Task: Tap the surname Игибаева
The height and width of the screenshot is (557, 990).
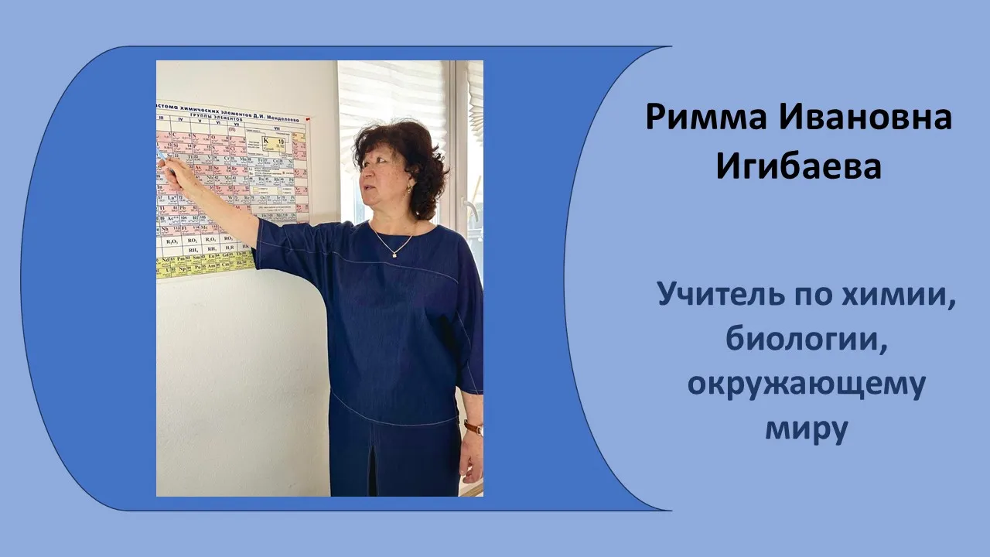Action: [798, 166]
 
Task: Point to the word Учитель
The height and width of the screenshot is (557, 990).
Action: [713, 296]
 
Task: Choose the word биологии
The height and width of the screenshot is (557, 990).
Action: [805, 340]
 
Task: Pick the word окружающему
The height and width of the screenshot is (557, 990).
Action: [806, 385]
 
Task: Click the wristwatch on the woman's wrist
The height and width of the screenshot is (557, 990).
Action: [473, 427]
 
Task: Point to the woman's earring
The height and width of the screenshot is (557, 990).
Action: [409, 188]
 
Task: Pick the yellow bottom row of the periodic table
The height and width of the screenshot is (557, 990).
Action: [205, 265]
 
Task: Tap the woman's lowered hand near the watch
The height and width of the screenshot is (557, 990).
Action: [470, 456]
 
